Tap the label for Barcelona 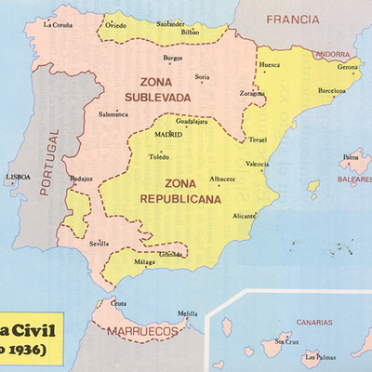click(338, 92)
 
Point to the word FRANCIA click(292, 19)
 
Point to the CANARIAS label click(314, 323)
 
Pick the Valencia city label click(258, 164)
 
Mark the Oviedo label click(115, 26)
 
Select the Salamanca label click(114, 114)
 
